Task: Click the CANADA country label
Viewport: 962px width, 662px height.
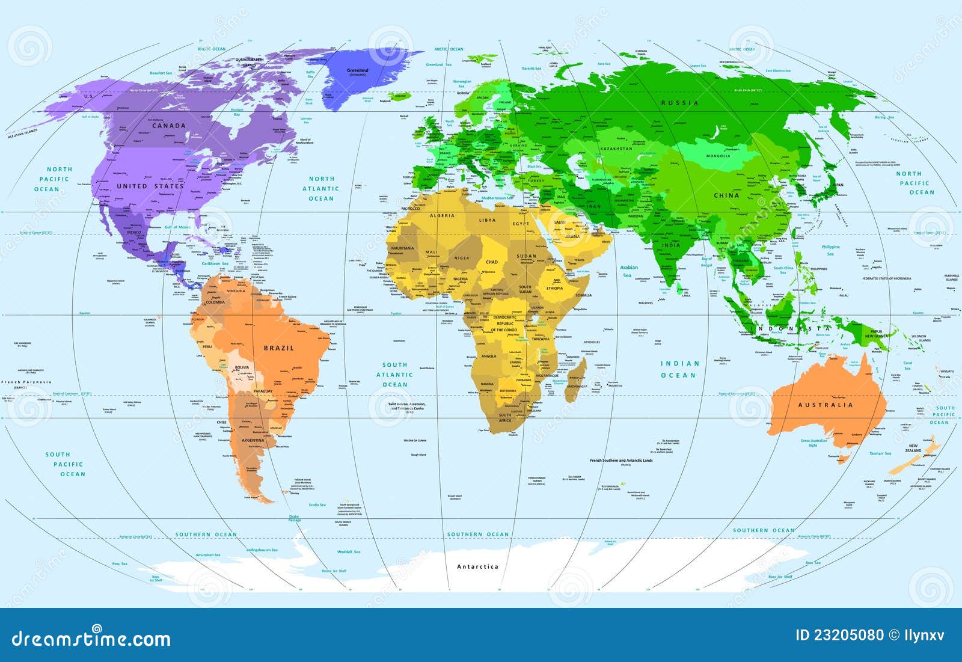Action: (x=169, y=126)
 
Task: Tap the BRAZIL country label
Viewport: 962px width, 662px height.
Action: (x=279, y=348)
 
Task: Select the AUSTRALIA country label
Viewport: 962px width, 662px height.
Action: (x=826, y=405)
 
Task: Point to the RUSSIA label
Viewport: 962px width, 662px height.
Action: (x=680, y=103)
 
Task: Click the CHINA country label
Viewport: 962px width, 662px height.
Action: (x=726, y=195)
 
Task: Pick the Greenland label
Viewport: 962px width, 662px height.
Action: (x=358, y=71)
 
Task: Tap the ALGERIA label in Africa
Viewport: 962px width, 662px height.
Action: (x=442, y=215)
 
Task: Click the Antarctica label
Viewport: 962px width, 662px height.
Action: (x=477, y=566)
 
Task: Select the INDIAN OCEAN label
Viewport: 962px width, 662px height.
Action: (x=680, y=369)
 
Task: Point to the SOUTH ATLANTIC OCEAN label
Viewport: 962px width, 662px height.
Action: (x=395, y=375)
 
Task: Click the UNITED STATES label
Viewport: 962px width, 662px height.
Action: (x=150, y=186)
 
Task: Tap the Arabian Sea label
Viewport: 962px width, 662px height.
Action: (x=628, y=271)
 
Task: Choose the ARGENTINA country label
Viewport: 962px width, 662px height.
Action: (x=253, y=440)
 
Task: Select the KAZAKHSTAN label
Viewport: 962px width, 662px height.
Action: (x=617, y=149)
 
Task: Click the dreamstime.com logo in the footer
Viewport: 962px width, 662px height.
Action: (x=91, y=637)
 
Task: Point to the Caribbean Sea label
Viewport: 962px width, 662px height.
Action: (x=215, y=263)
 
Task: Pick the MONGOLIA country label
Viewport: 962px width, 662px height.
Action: (x=718, y=156)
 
